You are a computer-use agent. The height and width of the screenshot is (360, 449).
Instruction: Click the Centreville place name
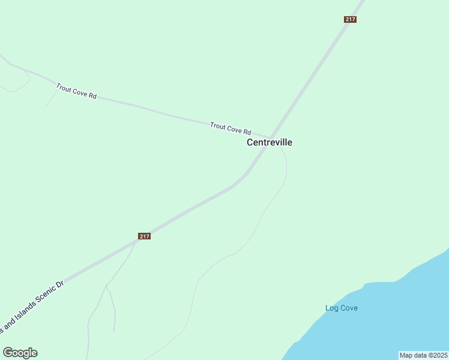270,143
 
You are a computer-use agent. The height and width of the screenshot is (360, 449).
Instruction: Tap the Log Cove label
342,308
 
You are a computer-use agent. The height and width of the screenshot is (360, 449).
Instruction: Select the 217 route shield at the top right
351,19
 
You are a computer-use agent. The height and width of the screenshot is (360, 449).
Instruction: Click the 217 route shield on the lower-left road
144,236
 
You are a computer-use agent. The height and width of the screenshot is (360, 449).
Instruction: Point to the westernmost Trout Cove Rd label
76,91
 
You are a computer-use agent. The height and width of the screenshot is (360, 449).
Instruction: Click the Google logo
20,353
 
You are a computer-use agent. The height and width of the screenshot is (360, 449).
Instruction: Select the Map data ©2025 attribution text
423,355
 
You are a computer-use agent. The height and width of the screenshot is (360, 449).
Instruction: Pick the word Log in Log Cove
331,308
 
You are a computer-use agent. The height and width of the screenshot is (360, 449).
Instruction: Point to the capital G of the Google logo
8,353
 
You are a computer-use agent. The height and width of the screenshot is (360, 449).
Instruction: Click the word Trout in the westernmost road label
64,88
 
